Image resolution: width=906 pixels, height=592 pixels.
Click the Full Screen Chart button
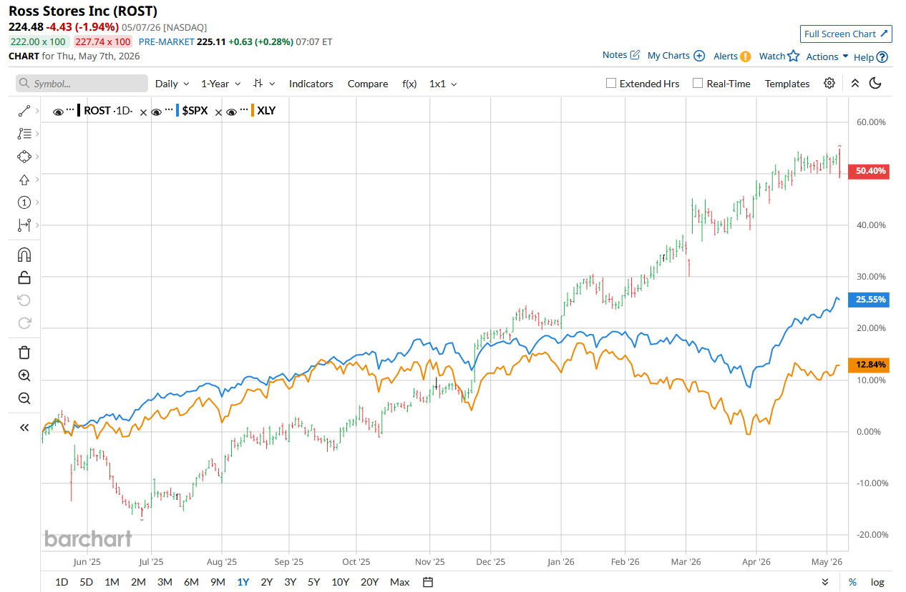tap(845, 34)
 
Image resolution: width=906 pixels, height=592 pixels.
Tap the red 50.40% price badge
tap(868, 171)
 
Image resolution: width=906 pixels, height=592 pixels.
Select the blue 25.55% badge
tap(868, 300)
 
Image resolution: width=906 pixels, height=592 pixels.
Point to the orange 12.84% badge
tap(868, 365)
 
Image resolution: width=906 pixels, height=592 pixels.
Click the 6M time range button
tap(191, 582)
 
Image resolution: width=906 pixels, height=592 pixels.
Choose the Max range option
tap(399, 582)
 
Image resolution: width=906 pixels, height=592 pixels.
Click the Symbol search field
tap(82, 84)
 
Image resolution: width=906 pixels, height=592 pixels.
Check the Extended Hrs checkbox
tap(610, 83)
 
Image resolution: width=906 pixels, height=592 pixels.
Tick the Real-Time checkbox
tap(698, 83)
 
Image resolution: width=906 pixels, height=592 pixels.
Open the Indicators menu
tap(311, 84)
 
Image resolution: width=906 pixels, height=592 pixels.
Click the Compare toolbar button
tap(368, 84)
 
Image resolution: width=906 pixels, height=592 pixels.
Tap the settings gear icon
tap(829, 83)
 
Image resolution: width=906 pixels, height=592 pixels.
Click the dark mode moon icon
tap(875, 83)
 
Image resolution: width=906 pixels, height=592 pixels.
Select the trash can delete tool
tap(24, 352)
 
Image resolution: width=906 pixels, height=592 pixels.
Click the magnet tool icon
tap(24, 255)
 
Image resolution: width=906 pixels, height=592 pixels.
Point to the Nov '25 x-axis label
tap(429, 562)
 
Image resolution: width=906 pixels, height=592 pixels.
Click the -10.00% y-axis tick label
tap(872, 483)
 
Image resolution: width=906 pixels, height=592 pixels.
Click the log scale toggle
tap(877, 582)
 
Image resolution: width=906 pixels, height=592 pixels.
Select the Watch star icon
tap(793, 56)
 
